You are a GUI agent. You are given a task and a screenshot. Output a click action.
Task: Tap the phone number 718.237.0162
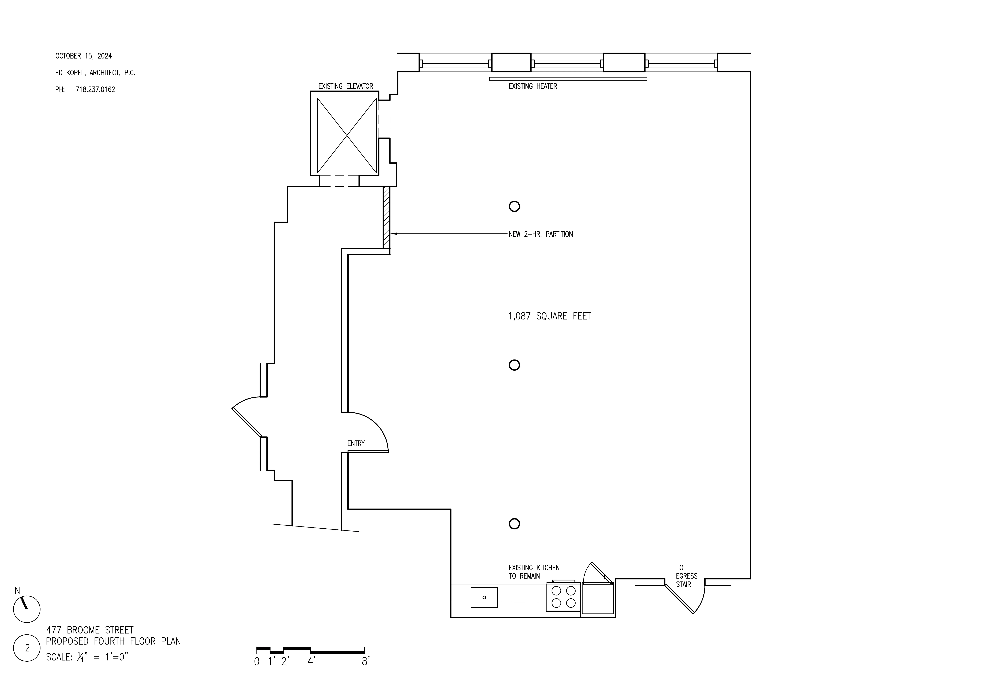click(x=95, y=90)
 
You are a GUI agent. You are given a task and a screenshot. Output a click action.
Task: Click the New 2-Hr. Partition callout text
click(x=540, y=234)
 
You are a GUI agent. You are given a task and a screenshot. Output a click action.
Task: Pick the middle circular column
click(x=514, y=365)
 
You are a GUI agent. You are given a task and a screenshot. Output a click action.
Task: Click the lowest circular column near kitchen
click(x=514, y=524)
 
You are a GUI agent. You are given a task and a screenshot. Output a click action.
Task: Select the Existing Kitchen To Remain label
click(x=534, y=572)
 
